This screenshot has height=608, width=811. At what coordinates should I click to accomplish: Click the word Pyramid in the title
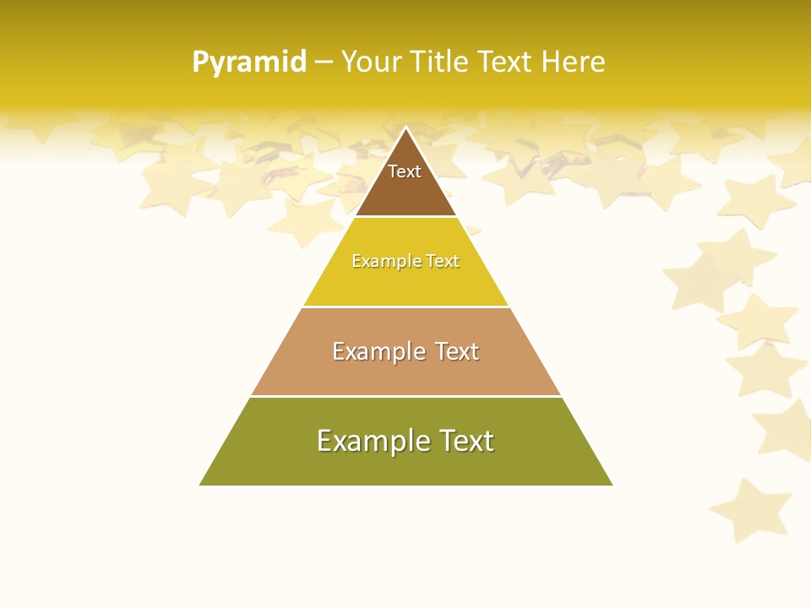click(248, 62)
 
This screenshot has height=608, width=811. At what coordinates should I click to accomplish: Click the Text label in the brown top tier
click(405, 172)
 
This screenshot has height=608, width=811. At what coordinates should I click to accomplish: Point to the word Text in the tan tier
click(457, 351)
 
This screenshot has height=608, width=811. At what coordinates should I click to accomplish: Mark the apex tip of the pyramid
click(406, 128)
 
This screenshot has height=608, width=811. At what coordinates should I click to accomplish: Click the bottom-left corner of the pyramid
click(201, 485)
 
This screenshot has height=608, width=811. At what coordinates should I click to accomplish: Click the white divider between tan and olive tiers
click(405, 396)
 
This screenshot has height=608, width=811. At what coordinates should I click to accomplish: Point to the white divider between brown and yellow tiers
click(405, 217)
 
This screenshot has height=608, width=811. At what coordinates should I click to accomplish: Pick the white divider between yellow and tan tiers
click(405, 307)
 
